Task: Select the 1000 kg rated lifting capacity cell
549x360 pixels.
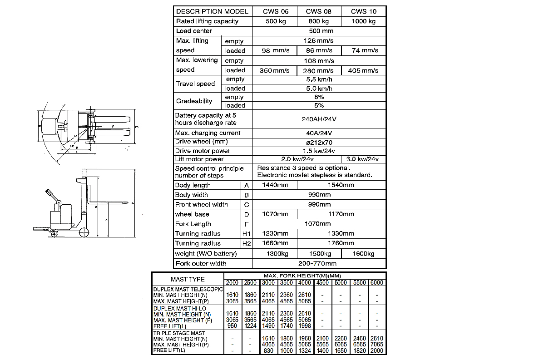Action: click(363, 21)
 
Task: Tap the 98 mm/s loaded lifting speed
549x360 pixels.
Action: click(275, 51)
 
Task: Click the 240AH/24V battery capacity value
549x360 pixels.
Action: click(319, 119)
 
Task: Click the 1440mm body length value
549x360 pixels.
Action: click(275, 185)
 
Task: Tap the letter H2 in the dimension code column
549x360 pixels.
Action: click(247, 244)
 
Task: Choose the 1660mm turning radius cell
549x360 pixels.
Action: click(275, 244)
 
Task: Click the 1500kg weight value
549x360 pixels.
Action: click(319, 254)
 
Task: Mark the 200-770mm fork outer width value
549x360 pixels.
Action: click(319, 263)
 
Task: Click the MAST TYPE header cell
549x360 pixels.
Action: click(188, 279)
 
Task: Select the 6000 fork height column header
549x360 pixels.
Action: click(376, 283)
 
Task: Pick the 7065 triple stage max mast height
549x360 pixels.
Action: click(376, 345)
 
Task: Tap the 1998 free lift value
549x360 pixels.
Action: click(304, 326)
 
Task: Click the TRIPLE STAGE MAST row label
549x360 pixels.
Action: click(179, 333)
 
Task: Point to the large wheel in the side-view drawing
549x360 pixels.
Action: click(84, 233)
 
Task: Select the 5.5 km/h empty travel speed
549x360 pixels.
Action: click(319, 79)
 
